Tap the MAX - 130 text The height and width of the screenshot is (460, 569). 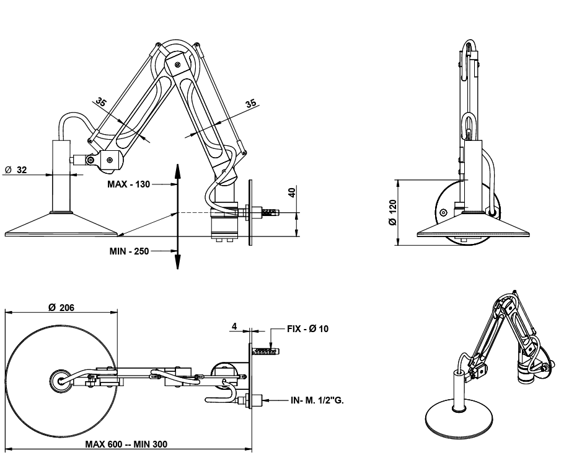[128, 184]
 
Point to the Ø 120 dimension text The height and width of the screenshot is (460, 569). [392, 212]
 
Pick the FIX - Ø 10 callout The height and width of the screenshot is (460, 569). [308, 328]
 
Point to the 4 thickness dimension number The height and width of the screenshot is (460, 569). [234, 325]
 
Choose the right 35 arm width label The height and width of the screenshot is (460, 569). [250, 104]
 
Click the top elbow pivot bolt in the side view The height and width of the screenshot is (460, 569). [178, 63]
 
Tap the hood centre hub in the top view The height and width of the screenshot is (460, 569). [61, 380]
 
